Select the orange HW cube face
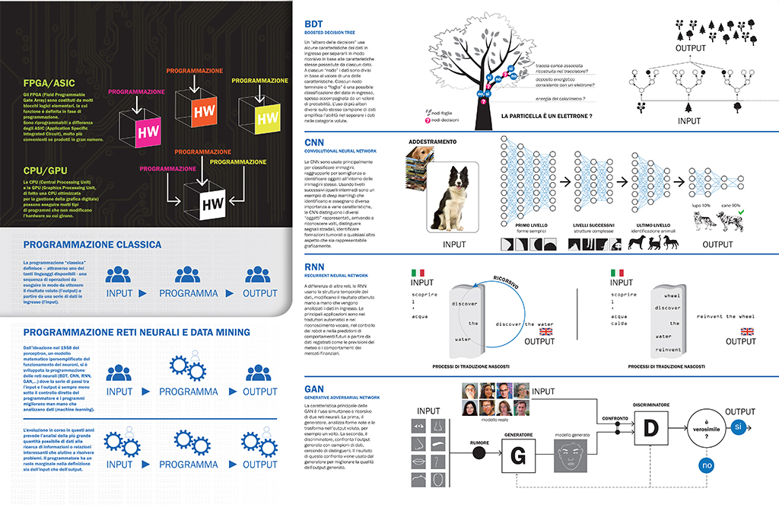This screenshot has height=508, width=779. point(203,110)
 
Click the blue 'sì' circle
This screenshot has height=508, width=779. point(738,428)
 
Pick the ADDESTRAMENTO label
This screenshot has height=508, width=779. point(432,142)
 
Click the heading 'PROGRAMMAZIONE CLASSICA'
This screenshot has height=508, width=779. point(92,244)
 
